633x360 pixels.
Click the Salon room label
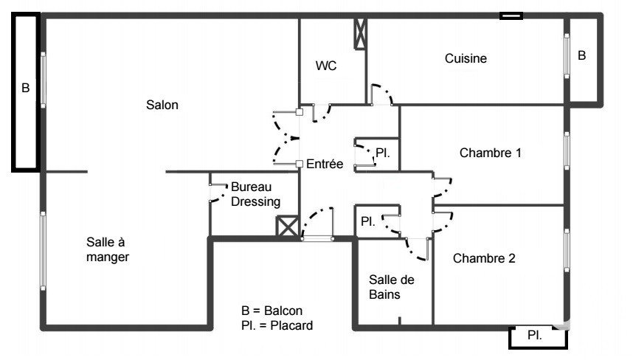tap(162, 105)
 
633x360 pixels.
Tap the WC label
tap(326, 66)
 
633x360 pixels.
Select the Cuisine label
tap(466, 59)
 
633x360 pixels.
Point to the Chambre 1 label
tap(491, 153)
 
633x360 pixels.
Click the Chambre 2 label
tap(484, 258)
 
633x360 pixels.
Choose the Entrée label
tap(325, 164)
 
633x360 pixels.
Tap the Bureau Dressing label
tap(255, 194)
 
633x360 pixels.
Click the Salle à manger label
tap(108, 249)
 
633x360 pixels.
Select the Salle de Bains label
tap(391, 287)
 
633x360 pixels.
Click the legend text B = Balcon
tap(271, 311)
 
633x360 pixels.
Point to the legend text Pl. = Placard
tap(277, 325)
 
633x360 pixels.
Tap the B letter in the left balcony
tap(25, 88)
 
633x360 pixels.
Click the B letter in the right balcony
tap(582, 55)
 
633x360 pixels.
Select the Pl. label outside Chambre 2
tap(534, 336)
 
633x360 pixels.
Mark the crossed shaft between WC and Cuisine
tap(360, 32)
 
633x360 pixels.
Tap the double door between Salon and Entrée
tap(284, 137)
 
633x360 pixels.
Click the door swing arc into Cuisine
tap(382, 94)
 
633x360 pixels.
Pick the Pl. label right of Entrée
tap(382, 153)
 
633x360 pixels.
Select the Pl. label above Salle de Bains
tap(367, 221)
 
